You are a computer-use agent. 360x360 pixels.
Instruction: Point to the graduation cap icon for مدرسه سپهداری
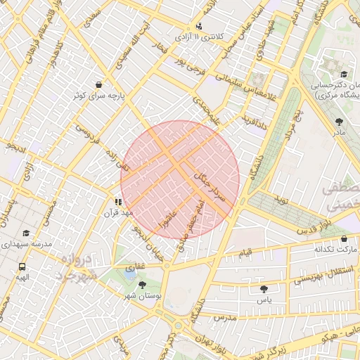click(27, 233)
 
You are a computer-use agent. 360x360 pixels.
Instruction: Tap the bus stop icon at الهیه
click(23, 266)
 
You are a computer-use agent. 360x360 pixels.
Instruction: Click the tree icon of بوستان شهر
click(143, 285)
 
